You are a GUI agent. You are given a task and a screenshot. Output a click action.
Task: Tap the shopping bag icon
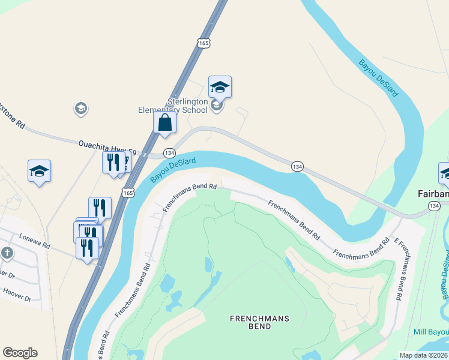[164, 123]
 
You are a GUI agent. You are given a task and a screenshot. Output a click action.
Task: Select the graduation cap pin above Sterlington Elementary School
[220, 88]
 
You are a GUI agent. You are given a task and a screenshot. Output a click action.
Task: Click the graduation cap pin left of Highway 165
[39, 171]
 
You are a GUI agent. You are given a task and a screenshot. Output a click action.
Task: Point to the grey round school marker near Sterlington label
[217, 106]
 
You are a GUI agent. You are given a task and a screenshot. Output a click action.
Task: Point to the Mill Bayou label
[431, 332]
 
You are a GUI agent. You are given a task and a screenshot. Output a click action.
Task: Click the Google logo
[20, 353]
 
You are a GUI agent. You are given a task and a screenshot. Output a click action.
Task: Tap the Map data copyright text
[423, 355]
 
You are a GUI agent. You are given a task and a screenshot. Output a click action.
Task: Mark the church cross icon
[7, 253]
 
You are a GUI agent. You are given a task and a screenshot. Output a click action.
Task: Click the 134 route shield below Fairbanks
[433, 206]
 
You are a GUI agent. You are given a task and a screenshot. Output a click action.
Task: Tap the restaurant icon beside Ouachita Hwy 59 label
[112, 161]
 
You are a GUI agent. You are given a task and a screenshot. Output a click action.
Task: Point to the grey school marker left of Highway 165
[80, 109]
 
